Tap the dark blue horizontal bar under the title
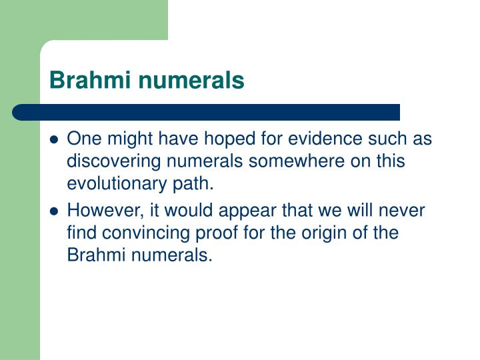click(207, 111)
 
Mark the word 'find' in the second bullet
click(81, 233)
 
